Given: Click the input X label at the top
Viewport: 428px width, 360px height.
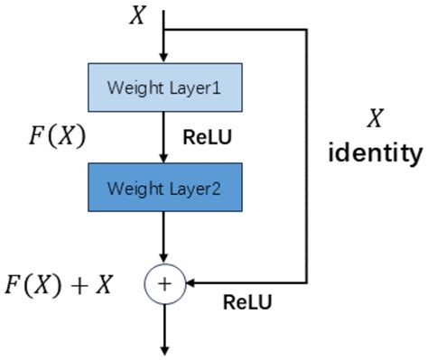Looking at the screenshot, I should pyautogui.click(x=137, y=15).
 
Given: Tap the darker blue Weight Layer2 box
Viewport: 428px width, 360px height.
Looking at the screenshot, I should pyautogui.click(x=164, y=189).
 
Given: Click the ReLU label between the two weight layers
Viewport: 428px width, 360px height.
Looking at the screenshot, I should pyautogui.click(x=209, y=138).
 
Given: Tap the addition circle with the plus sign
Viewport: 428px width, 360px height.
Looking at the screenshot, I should pyautogui.click(x=164, y=283).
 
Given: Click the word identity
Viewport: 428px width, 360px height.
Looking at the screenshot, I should pyautogui.click(x=374, y=152).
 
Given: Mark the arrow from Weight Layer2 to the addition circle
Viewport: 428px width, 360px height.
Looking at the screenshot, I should pyautogui.click(x=164, y=238).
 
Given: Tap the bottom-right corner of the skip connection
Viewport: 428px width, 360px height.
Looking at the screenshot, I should pyautogui.click(x=309, y=283).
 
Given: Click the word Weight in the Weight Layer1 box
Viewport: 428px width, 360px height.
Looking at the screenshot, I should pyautogui.click(x=131, y=88).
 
